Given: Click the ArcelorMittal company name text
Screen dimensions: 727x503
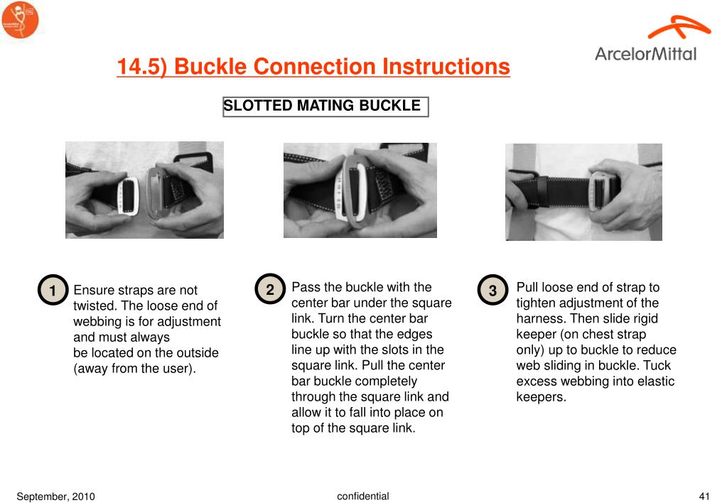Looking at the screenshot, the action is (x=645, y=54).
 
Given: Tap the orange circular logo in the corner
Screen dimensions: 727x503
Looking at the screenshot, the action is (x=20, y=19).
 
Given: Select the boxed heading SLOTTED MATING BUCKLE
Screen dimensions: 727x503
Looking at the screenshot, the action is (x=325, y=107).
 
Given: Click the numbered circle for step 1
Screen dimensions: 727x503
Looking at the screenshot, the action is (x=53, y=290).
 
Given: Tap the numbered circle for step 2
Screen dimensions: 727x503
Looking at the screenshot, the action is (x=270, y=289).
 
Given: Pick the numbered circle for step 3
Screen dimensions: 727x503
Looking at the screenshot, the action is (x=493, y=290).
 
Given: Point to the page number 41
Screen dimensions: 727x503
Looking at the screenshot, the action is (x=704, y=496).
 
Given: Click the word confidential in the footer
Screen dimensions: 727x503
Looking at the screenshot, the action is (x=363, y=496).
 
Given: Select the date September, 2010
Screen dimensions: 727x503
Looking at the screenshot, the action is (x=55, y=497).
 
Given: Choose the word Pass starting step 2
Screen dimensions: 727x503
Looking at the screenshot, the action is (x=306, y=288).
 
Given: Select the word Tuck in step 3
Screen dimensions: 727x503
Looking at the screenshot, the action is (x=657, y=366).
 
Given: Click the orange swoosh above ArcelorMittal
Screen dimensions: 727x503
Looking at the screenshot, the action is (x=679, y=27).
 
